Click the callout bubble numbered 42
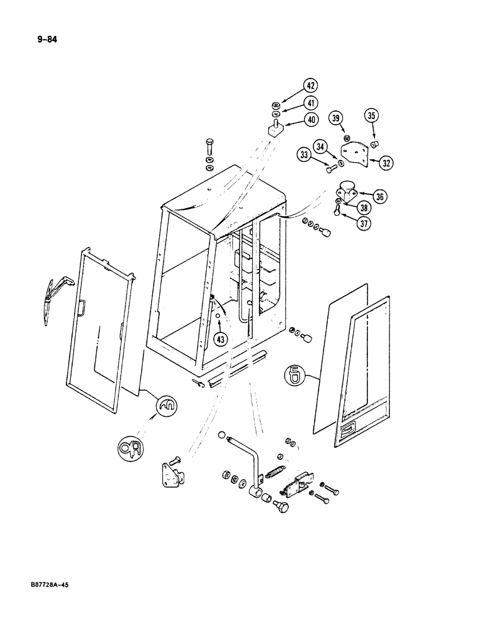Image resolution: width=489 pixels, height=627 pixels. [311, 85]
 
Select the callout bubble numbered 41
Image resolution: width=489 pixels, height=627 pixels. [311, 102]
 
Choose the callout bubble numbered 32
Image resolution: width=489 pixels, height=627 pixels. [387, 162]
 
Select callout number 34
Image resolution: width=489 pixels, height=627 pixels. [322, 147]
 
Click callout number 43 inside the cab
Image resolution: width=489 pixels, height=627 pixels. [219, 339]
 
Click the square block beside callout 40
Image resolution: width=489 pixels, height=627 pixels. [273, 130]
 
